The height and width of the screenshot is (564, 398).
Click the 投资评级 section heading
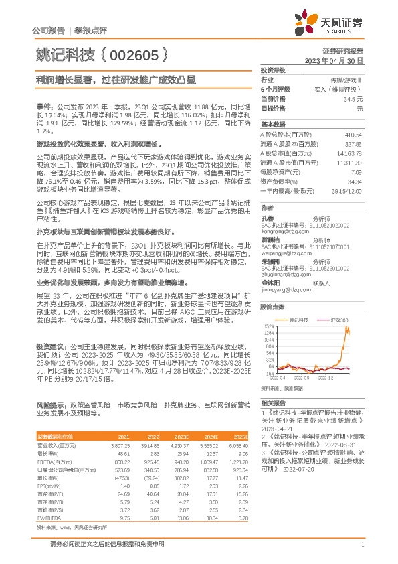(273, 70)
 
